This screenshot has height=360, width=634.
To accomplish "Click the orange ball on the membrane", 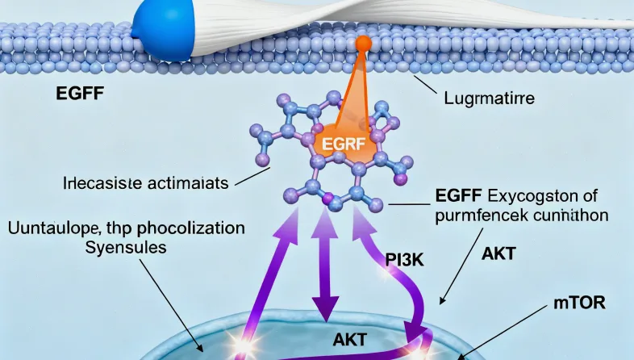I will coord(363,44).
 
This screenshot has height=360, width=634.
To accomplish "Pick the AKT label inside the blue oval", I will coord(350,340).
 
